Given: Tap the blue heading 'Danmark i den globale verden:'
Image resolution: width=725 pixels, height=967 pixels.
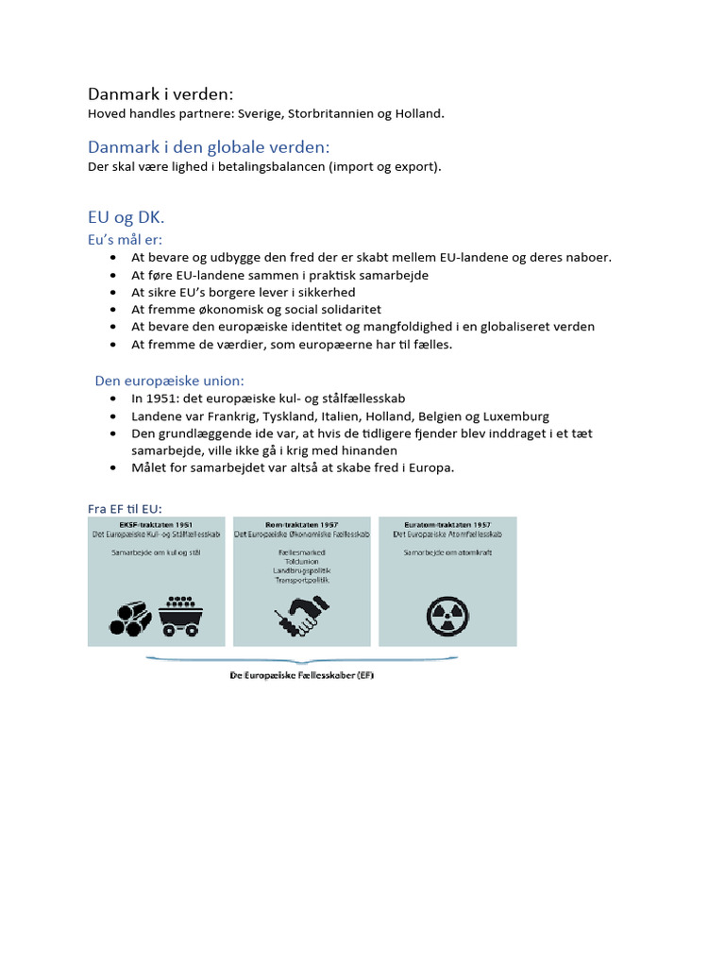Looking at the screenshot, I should (209, 147).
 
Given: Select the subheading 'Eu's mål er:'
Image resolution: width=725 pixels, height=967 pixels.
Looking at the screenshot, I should (126, 240).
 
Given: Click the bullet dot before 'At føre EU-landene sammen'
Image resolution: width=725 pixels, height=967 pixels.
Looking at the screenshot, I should (113, 275).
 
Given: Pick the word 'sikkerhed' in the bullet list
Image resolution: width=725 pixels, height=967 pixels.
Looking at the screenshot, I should (324, 292).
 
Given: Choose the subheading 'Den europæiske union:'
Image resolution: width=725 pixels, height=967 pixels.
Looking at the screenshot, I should (169, 381).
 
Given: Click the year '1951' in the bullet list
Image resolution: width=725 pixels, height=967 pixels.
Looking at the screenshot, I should (166, 399).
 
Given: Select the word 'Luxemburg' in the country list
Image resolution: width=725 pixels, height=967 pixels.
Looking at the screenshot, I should (516, 416).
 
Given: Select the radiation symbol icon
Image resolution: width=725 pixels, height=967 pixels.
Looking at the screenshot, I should (447, 616).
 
